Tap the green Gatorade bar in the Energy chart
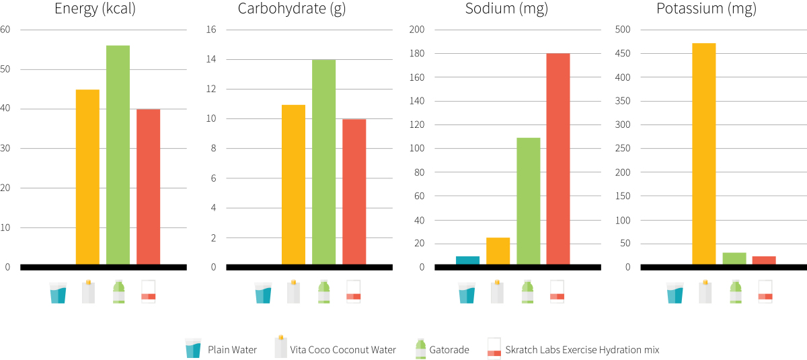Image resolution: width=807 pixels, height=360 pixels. tap(118, 155)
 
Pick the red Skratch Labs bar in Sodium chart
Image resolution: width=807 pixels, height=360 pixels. tap(558, 159)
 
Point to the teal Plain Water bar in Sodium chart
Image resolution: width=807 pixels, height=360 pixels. tap(467, 260)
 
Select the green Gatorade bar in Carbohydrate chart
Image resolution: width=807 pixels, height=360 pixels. tap(323, 162)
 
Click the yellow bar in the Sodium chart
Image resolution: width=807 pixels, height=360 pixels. tap(498, 251)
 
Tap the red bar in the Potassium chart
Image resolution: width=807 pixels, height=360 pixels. tap(764, 260)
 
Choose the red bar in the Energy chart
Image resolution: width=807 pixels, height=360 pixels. tap(148, 186)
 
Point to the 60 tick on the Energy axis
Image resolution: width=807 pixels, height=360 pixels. tap(5, 30)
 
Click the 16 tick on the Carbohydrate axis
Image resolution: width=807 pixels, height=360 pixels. tap(210, 30)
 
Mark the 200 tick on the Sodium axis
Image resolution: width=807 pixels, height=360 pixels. tap(417, 30)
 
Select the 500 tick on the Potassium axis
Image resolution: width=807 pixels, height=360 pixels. tap(623, 30)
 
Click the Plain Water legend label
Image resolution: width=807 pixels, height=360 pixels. tap(232, 350)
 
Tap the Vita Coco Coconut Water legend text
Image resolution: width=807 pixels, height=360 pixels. tap(343, 350)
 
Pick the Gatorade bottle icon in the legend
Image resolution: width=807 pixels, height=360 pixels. tap(420, 349)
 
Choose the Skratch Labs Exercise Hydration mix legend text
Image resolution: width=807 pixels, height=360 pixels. tap(582, 350)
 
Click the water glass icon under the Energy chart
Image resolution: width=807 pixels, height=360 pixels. tap(59, 293)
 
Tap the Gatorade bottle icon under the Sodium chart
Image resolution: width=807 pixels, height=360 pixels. tap(528, 292)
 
